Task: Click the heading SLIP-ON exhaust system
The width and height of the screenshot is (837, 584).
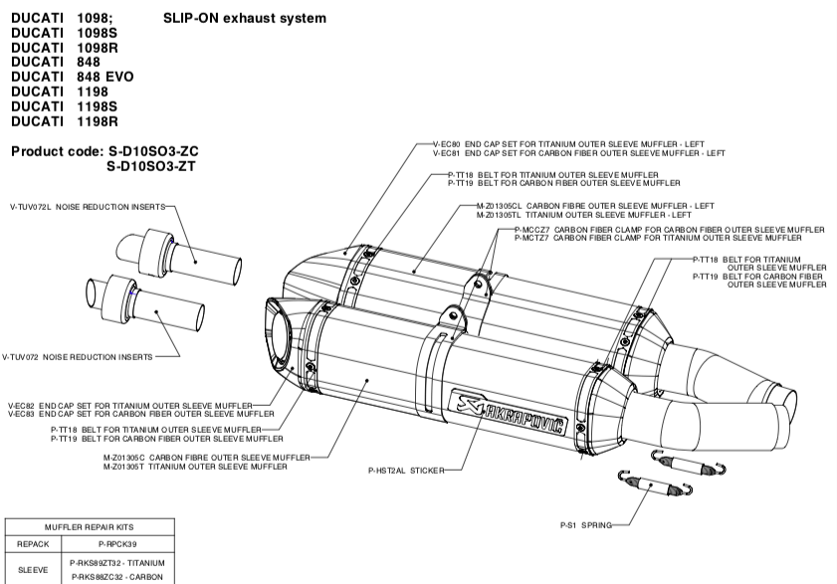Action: click(x=244, y=18)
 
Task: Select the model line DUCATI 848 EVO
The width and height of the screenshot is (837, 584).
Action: click(x=72, y=76)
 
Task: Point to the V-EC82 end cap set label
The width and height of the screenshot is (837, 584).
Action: click(x=139, y=405)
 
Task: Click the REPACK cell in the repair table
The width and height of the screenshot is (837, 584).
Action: click(x=33, y=545)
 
